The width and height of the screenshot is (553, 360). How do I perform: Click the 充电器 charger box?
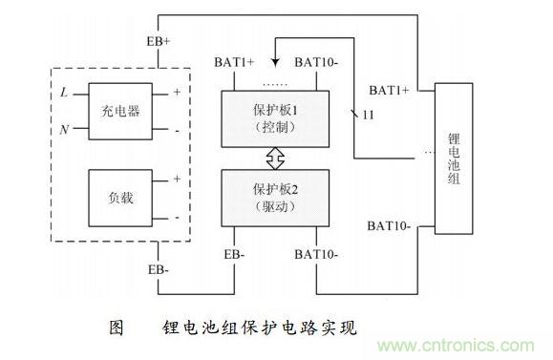point(119,111)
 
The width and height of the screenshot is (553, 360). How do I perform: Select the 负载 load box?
point(119,198)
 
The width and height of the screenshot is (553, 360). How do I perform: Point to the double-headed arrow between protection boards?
point(275,155)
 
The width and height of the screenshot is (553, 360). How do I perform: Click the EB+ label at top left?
point(160,42)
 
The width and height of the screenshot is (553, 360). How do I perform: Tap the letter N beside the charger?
point(64,129)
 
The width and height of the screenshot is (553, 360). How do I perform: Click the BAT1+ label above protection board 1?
point(234,63)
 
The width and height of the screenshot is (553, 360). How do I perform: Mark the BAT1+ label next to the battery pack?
point(390,90)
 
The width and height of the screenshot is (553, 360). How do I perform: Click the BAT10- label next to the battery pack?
point(390,226)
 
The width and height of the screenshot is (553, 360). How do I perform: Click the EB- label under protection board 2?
point(235,254)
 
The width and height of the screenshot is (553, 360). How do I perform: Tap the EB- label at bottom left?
point(159,270)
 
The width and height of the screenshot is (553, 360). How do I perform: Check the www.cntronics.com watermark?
point(472,342)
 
